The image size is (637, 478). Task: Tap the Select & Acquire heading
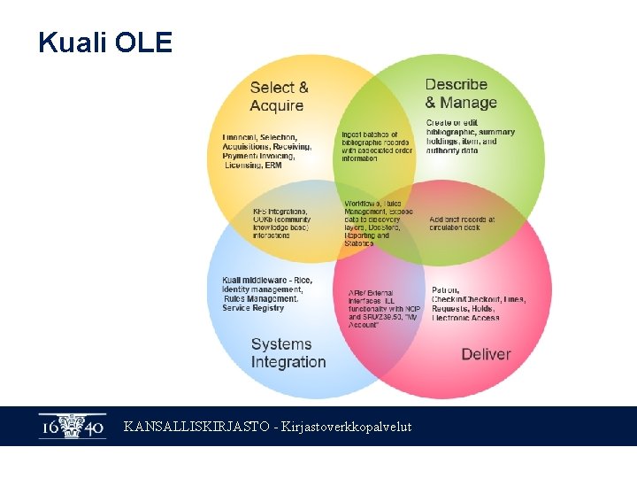point(279,96)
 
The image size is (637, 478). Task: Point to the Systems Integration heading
point(288,352)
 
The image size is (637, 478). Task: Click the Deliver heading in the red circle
point(486,354)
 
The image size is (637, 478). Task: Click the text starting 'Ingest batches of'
point(377,147)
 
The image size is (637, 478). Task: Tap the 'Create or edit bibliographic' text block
point(470,136)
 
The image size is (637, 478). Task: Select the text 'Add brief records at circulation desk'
point(462,223)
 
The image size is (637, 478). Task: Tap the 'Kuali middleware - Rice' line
point(266,281)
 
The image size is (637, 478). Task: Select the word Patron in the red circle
point(444,289)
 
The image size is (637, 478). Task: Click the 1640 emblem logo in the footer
point(72,427)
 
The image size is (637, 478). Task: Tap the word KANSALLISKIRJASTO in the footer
point(197,427)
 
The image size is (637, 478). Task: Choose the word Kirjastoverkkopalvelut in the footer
point(347,427)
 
